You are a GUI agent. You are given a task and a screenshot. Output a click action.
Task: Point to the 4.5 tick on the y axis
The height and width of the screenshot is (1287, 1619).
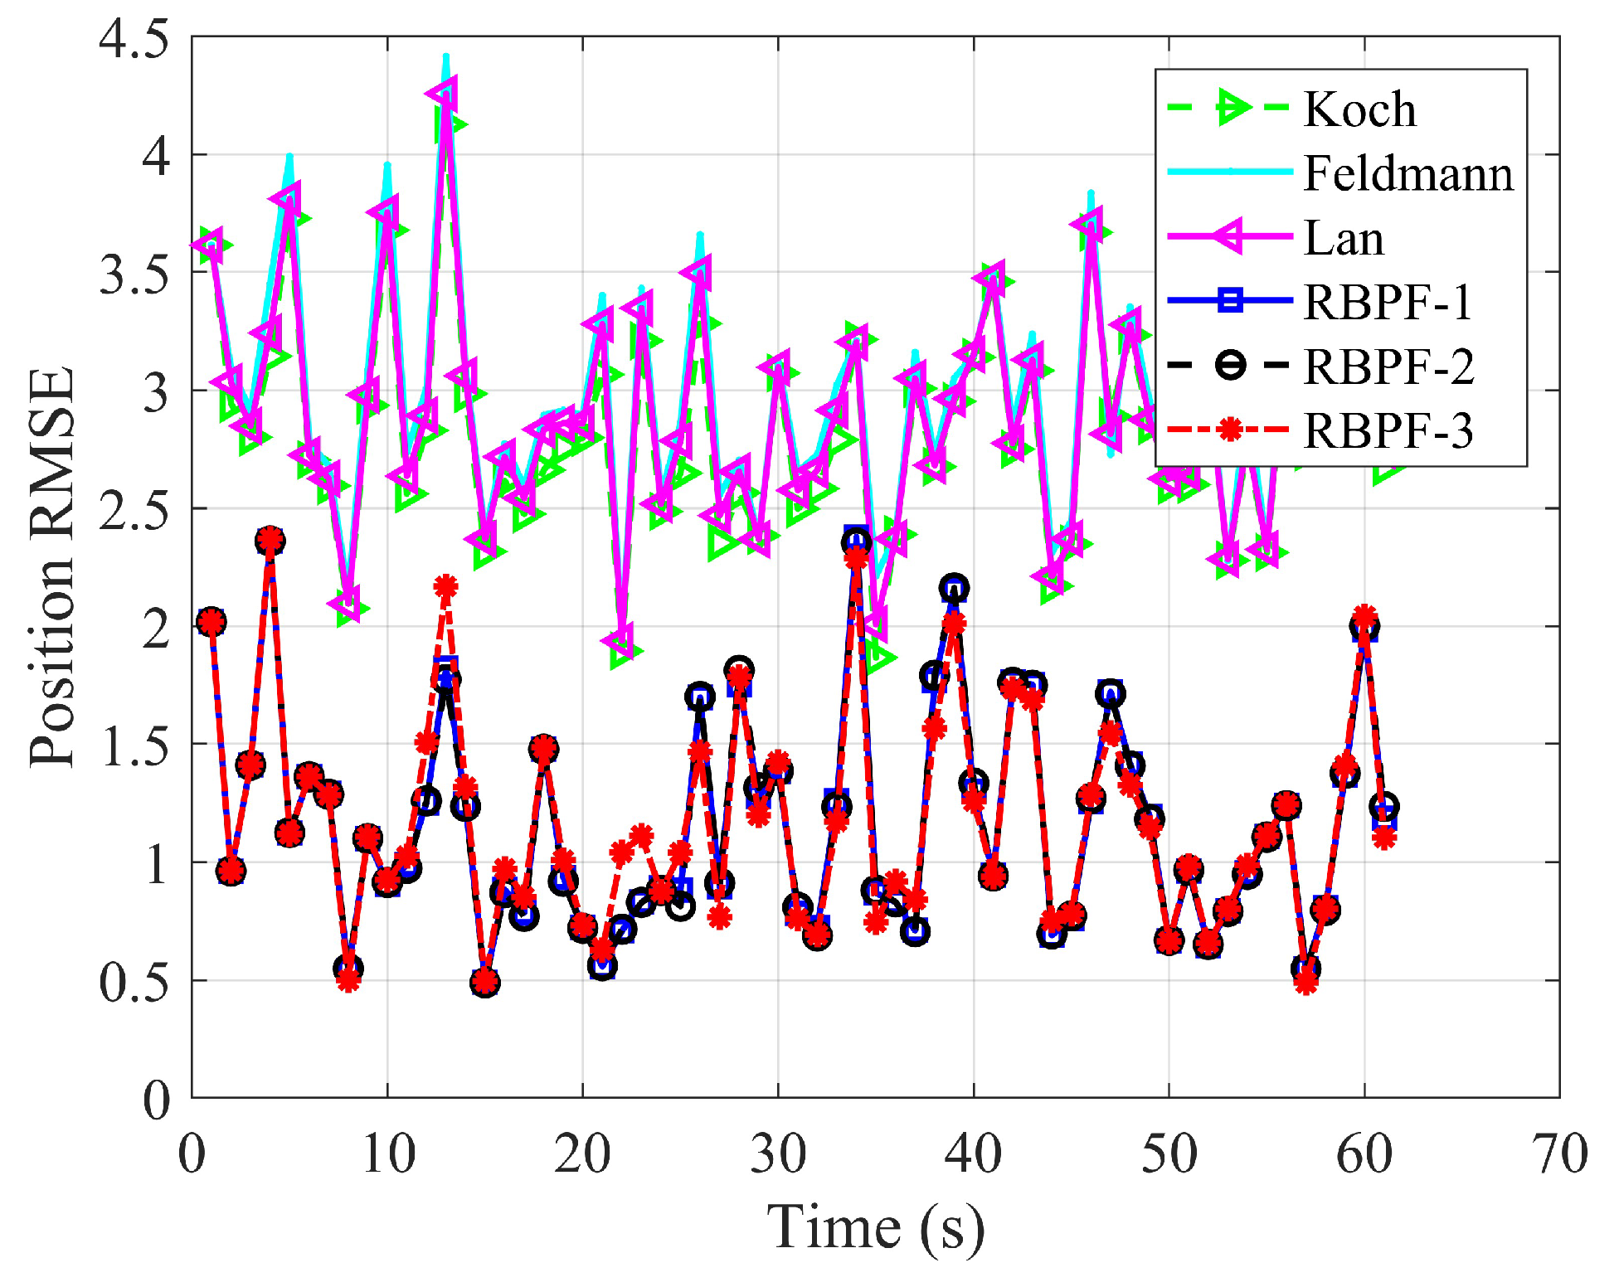click(133, 38)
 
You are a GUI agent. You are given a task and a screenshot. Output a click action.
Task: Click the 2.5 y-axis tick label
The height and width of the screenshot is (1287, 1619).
click(133, 509)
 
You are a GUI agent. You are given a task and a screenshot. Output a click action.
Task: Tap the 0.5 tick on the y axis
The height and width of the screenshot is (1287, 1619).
click(133, 982)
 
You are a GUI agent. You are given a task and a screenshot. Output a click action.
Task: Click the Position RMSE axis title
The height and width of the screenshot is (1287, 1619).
click(51, 567)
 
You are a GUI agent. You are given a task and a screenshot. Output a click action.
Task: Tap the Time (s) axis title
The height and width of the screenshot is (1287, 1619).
click(875, 1226)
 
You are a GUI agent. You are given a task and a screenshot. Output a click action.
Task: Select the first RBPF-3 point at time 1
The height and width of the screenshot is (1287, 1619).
click(211, 621)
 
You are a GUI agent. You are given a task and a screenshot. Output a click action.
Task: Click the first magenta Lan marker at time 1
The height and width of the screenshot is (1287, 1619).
click(209, 245)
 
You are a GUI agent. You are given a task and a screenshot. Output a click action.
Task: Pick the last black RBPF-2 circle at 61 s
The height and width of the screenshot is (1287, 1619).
click(1383, 806)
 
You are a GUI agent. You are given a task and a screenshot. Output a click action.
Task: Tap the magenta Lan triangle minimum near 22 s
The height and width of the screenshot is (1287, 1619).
click(620, 641)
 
